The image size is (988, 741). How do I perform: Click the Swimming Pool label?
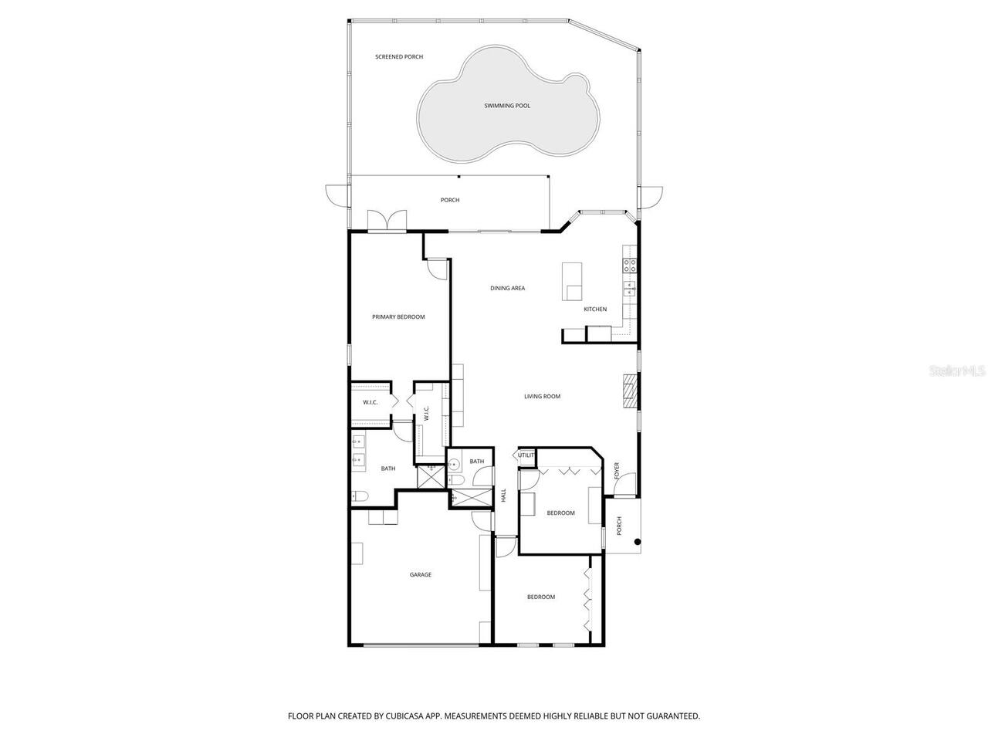point(507,106)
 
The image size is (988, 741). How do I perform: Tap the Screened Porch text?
point(399,57)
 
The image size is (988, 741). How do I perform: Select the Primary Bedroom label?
point(398,317)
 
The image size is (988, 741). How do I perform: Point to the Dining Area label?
point(507,289)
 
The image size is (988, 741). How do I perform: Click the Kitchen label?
point(595,310)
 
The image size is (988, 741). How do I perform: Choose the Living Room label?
point(542,397)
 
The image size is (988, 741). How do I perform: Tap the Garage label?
point(420,574)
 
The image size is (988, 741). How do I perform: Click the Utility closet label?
point(526,455)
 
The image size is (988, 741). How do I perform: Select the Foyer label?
point(617,470)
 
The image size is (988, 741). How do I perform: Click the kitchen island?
point(572,281)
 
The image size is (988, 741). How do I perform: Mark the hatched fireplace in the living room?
point(631,391)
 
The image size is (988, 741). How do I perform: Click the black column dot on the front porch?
point(638,542)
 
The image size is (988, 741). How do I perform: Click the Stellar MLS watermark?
point(957,371)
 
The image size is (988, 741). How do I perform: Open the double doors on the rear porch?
point(387,221)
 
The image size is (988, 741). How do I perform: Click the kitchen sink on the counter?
point(629,289)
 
